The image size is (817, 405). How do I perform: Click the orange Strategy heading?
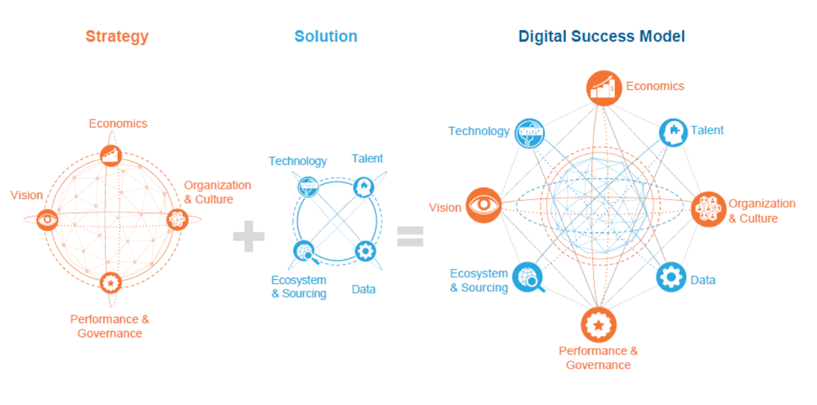(117, 36)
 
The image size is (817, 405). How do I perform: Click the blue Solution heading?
(325, 36)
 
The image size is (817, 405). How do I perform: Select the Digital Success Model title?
(601, 36)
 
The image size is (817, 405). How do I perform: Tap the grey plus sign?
(249, 237)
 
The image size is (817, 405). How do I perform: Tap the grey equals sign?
(410, 236)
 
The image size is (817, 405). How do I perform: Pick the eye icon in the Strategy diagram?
(47, 220)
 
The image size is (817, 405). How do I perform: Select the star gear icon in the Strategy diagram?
(110, 282)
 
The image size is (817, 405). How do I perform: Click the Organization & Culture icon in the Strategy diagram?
(177, 219)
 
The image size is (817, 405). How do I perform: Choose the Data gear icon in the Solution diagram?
(365, 251)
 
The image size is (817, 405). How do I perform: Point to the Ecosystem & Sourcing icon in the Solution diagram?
(303, 251)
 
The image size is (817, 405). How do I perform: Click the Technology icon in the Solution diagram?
(308, 185)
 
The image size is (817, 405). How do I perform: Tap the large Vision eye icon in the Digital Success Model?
(484, 205)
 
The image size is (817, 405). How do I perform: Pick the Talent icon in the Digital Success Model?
(673, 133)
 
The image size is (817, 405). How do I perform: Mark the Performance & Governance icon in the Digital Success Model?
(599, 324)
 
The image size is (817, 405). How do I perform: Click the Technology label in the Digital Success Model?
(478, 131)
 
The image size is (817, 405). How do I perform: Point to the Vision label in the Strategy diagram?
(27, 196)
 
